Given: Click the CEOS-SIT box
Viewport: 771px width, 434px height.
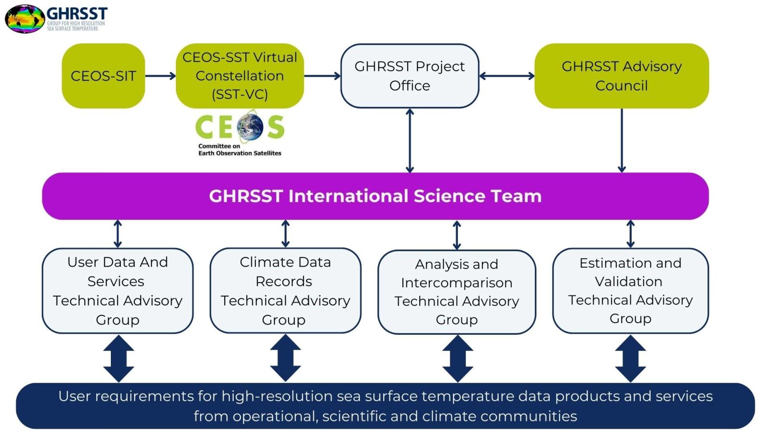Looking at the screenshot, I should pyautogui.click(x=103, y=76).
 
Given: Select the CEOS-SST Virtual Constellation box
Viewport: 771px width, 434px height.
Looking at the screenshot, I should pyautogui.click(x=239, y=76).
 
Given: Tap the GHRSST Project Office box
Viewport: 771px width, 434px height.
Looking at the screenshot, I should pyautogui.click(x=410, y=76).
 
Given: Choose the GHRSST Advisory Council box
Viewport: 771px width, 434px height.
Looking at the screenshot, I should pyautogui.click(x=622, y=76).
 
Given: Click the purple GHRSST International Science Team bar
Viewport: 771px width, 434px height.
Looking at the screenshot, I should pyautogui.click(x=375, y=196).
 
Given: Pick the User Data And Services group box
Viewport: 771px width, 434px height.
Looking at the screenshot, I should pyautogui.click(x=118, y=291).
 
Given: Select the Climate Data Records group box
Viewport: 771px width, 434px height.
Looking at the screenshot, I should pyautogui.click(x=285, y=291).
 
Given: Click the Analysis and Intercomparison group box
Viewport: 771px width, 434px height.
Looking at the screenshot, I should pyautogui.click(x=456, y=292).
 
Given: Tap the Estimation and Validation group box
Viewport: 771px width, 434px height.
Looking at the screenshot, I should pyautogui.click(x=630, y=291).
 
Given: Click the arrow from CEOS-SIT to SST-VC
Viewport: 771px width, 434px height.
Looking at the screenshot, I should pyautogui.click(x=160, y=76).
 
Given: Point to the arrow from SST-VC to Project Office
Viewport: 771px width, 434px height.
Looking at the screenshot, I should pyautogui.click(x=322, y=76).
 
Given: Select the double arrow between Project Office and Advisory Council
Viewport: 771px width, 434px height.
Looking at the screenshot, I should pyautogui.click(x=507, y=76).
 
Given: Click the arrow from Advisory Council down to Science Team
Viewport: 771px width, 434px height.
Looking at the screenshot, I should pyautogui.click(x=622, y=140).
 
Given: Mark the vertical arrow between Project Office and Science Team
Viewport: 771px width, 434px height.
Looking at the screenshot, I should pyautogui.click(x=410, y=140).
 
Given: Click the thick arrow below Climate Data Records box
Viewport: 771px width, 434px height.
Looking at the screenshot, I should pyautogui.click(x=285, y=358).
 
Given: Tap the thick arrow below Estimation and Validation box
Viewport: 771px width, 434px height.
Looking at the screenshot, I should pyautogui.click(x=630, y=358).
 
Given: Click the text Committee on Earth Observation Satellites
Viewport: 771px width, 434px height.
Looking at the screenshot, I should pyautogui.click(x=239, y=149).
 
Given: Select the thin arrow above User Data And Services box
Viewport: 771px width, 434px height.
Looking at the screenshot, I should pyautogui.click(x=118, y=234).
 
